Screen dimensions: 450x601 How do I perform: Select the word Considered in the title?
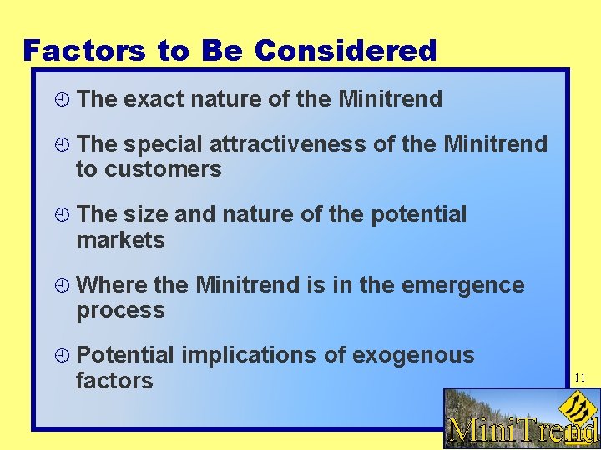(x=346, y=51)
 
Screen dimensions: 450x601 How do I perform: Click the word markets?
(x=120, y=241)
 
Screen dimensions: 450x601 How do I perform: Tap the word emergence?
(x=462, y=285)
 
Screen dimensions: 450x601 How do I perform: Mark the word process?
(x=120, y=312)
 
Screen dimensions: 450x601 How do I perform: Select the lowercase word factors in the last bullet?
(x=114, y=382)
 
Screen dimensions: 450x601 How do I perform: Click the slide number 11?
(x=580, y=378)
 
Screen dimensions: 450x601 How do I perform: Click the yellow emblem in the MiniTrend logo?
(x=573, y=407)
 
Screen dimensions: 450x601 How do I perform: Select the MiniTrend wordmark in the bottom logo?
(x=523, y=431)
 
